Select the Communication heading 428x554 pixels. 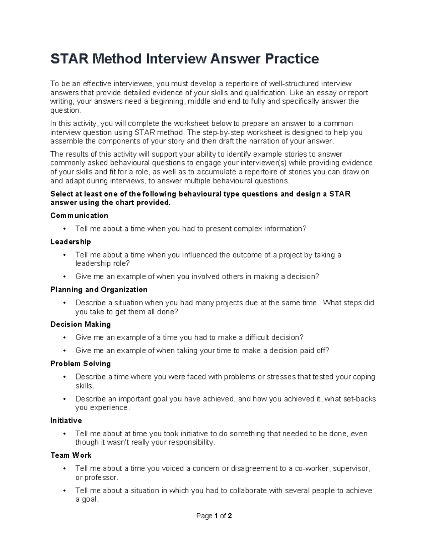(x=79, y=215)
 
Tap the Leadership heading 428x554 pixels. (x=71, y=242)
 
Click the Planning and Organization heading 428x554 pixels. (x=99, y=289)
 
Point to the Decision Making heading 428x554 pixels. (x=81, y=324)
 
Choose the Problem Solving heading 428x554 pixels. (x=81, y=364)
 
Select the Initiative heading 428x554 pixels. (x=66, y=421)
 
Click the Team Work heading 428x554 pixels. (x=71, y=455)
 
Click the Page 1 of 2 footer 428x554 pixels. (x=214, y=516)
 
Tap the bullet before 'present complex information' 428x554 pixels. (x=64, y=229)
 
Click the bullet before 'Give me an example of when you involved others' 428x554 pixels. (x=64, y=276)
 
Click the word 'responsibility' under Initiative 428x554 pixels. (x=191, y=443)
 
